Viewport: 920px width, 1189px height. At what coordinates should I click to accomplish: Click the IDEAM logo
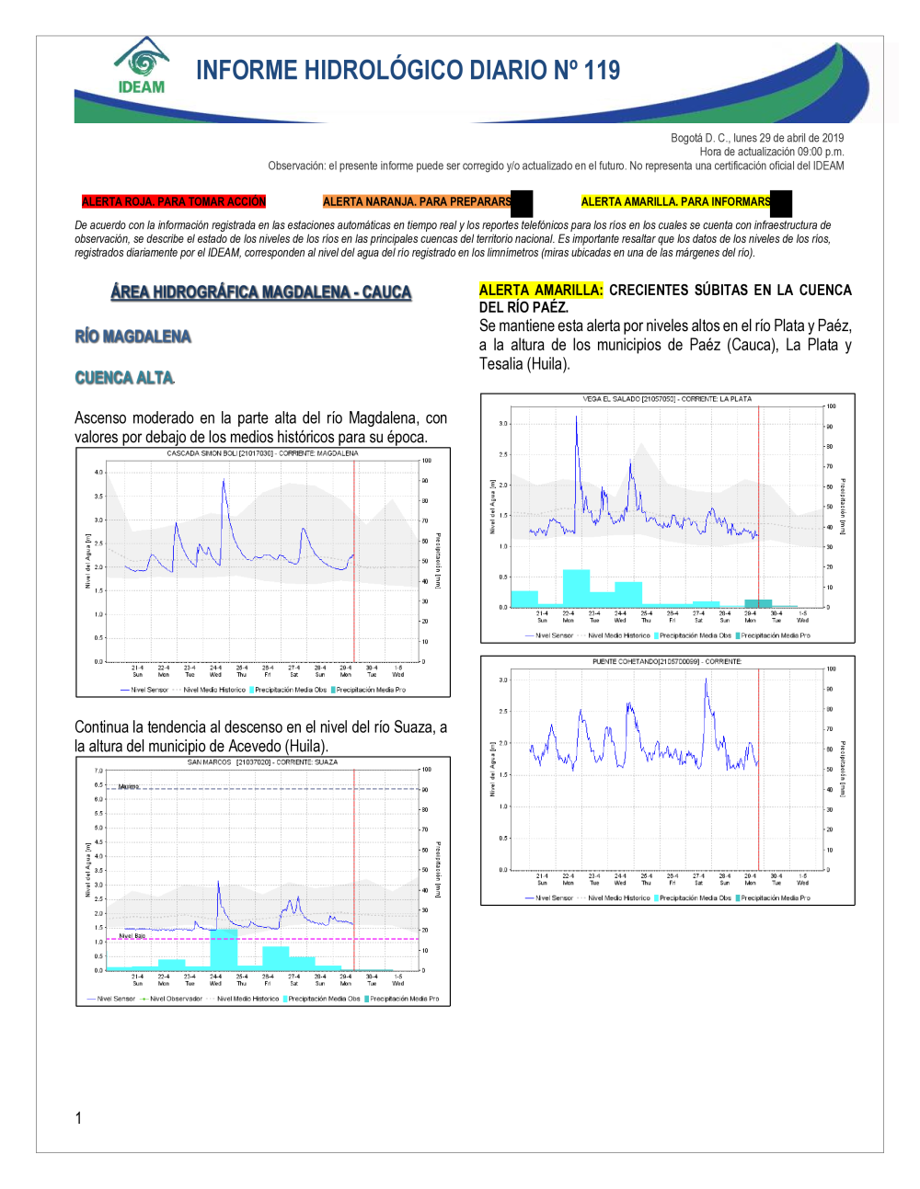pyautogui.click(x=142, y=66)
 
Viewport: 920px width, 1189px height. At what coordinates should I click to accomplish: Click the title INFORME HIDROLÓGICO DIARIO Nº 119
pyautogui.click(x=408, y=70)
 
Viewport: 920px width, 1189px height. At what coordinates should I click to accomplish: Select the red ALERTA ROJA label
pyautogui.click(x=173, y=201)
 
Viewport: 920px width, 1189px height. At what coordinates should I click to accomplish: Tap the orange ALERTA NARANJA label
pyautogui.click(x=417, y=201)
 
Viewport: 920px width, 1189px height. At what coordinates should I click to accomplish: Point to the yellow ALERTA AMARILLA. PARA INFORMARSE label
pyautogui.click(x=676, y=201)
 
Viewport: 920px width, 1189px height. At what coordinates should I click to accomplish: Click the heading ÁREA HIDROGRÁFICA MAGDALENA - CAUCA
pyautogui.click(x=261, y=292)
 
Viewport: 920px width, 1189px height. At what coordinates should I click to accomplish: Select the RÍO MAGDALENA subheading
pyautogui.click(x=133, y=337)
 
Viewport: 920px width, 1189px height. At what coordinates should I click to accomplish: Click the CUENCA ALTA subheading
pyautogui.click(x=124, y=378)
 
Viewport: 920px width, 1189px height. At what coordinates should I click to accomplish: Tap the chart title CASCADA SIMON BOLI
pyautogui.click(x=262, y=453)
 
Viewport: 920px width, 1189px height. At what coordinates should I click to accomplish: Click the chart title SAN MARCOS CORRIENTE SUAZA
pyautogui.click(x=262, y=762)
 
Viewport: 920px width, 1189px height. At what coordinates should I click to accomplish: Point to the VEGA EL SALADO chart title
pyautogui.click(x=667, y=399)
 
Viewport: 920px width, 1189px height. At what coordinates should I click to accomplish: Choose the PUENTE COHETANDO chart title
pyautogui.click(x=667, y=661)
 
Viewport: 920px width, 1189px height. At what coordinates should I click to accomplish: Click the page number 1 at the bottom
pyautogui.click(x=78, y=1118)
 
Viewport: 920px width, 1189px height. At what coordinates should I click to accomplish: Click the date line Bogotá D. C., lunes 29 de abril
pyautogui.click(x=757, y=138)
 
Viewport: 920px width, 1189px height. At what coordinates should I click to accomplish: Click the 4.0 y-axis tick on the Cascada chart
pyautogui.click(x=98, y=473)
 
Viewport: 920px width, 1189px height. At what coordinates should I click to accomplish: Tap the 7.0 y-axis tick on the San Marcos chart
pyautogui.click(x=98, y=771)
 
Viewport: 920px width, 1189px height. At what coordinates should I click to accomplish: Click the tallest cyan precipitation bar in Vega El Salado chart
pyautogui.click(x=576, y=588)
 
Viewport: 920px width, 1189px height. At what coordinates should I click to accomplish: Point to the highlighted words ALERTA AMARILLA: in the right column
pyautogui.click(x=541, y=290)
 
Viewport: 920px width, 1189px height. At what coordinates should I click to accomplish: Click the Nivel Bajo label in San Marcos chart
pyautogui.click(x=132, y=936)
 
